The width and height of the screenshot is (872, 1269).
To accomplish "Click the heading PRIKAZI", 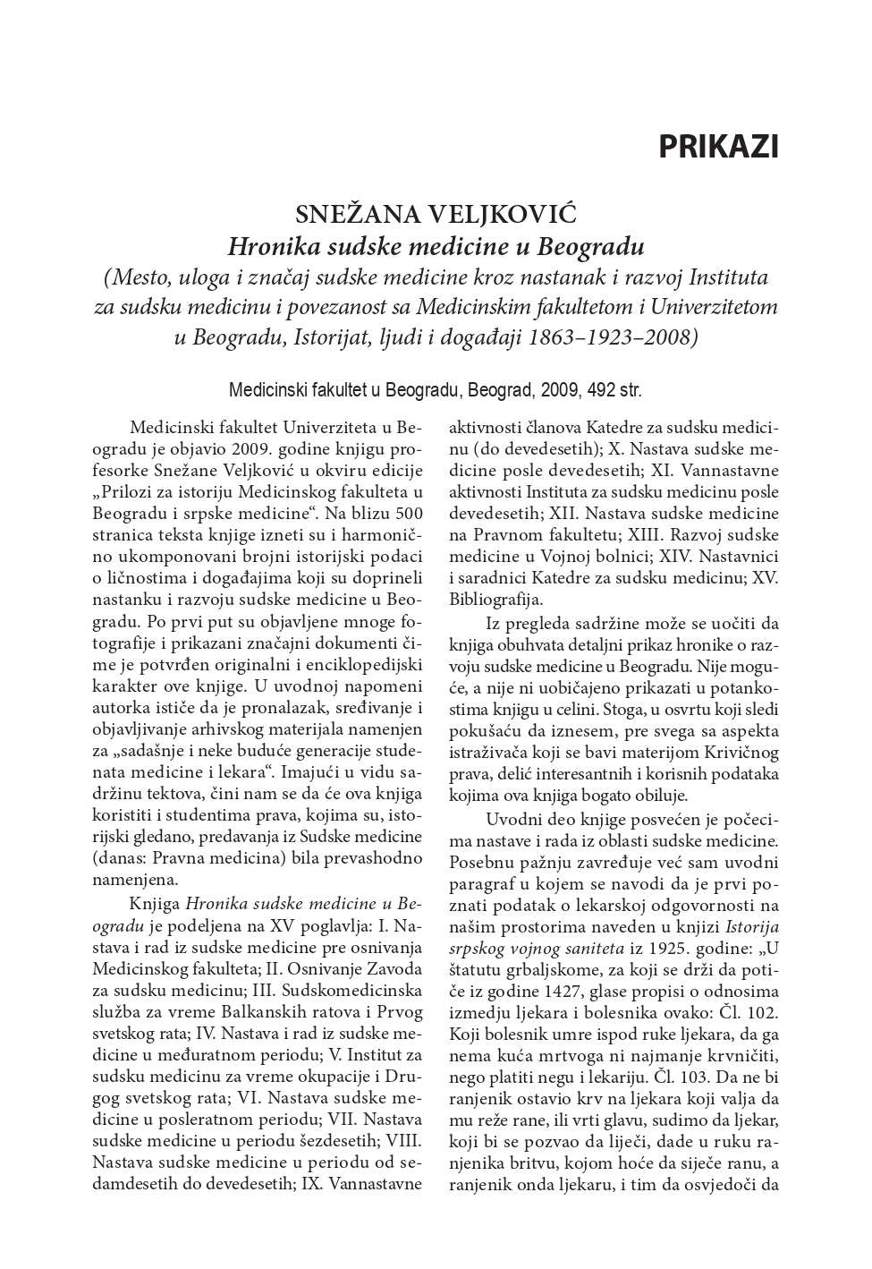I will pyautogui.click(x=718, y=147).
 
